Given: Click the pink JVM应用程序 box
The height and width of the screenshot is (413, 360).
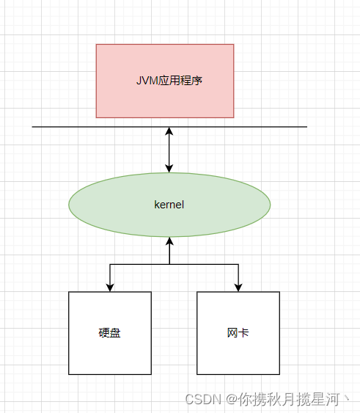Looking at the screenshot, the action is (x=165, y=81).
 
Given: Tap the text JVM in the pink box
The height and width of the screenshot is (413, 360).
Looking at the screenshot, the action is (x=147, y=81).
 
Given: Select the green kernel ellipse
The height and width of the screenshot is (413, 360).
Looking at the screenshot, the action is (x=169, y=205).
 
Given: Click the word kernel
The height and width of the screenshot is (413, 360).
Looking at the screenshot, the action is (x=169, y=205).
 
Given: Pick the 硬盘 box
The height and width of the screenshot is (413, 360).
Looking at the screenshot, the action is (x=110, y=333).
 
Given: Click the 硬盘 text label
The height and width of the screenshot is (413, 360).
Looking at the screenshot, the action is (x=109, y=333).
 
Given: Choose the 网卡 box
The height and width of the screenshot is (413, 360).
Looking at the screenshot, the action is (x=238, y=333).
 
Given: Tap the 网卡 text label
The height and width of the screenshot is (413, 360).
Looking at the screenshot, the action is (x=238, y=332).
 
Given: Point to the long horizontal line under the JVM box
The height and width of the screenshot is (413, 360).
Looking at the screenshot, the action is (x=169, y=127).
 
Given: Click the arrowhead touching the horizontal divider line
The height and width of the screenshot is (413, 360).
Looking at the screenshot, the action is (x=169, y=131).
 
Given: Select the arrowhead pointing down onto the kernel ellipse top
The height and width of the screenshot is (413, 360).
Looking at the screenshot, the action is (x=169, y=169).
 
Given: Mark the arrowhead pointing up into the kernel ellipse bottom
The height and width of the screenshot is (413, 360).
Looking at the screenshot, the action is (x=169, y=241).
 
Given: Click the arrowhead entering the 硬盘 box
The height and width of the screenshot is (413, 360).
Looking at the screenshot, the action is (x=110, y=288).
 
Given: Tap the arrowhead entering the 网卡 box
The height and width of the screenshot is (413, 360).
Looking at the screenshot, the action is (x=238, y=288).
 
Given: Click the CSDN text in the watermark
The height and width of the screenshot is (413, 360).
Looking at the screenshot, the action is (x=203, y=399).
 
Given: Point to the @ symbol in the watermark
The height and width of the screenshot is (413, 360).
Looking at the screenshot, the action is (x=232, y=399).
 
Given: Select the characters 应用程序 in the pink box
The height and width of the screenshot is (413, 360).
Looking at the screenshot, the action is (x=180, y=81).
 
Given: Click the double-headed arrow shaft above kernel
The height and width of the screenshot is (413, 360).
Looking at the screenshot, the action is (x=169, y=150).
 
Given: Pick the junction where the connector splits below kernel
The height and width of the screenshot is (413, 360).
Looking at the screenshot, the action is (x=169, y=264).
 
